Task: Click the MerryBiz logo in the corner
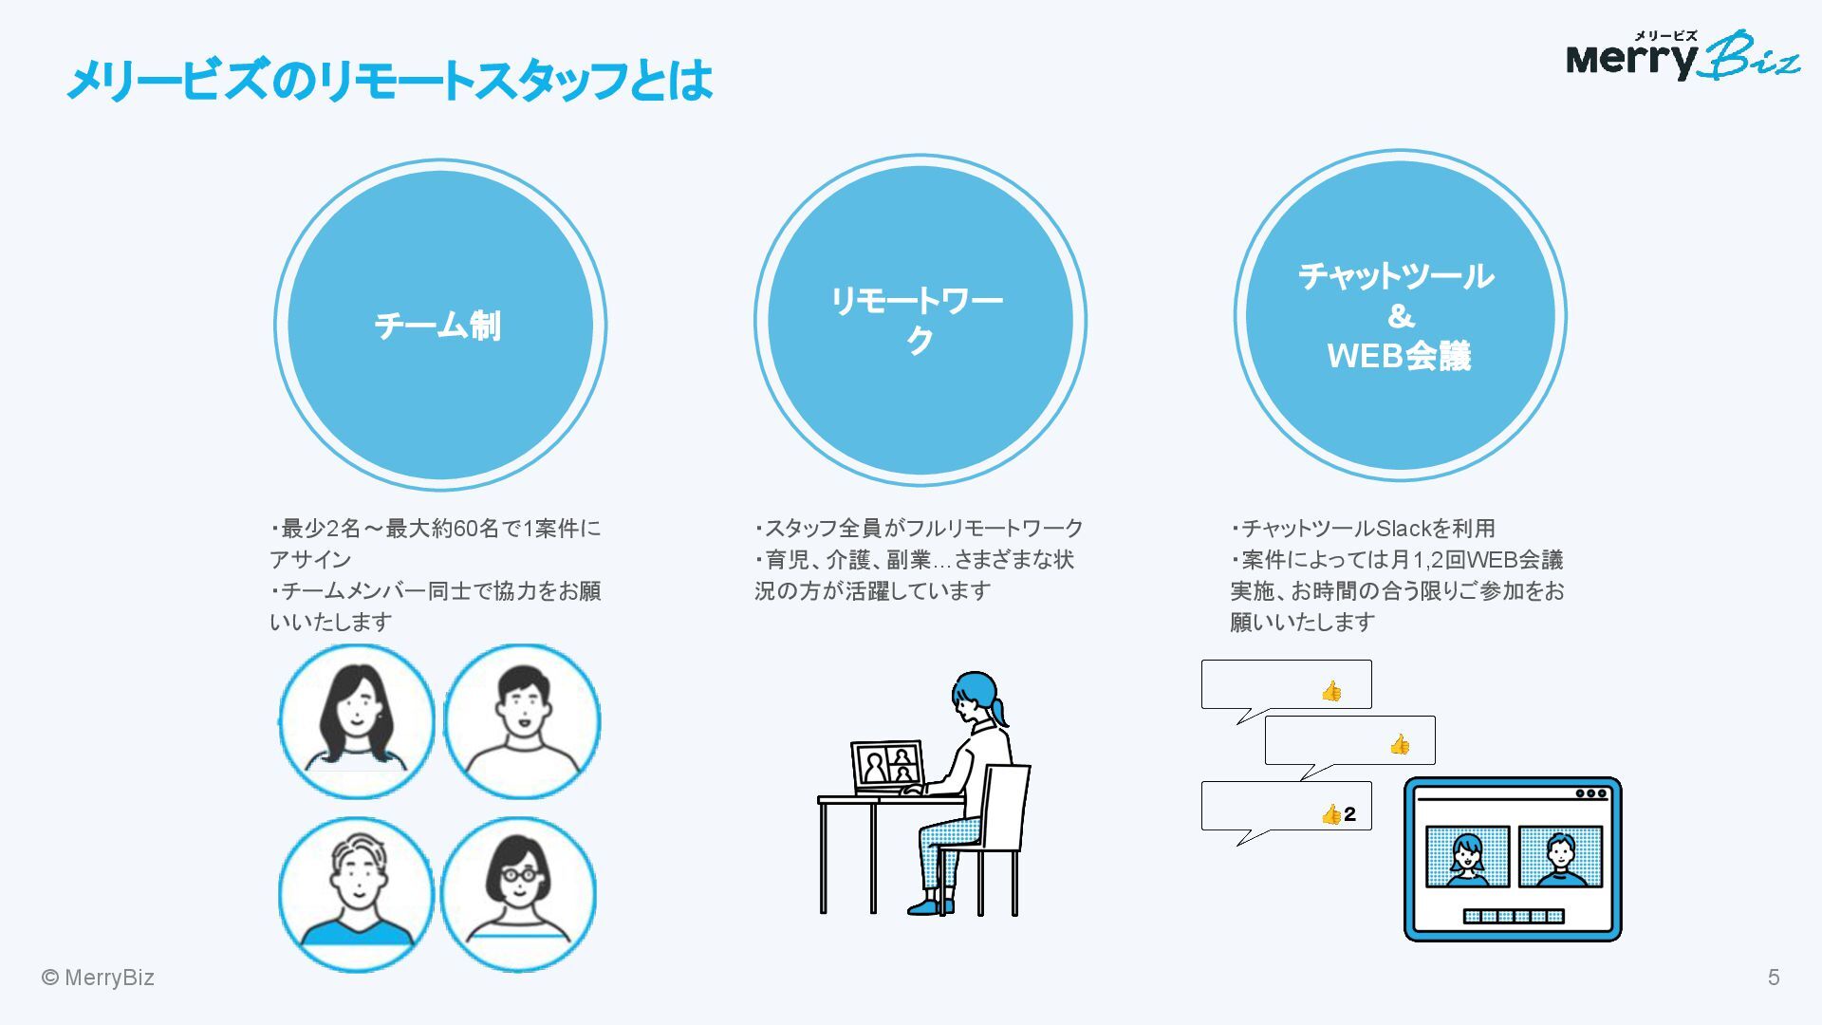(x=1682, y=57)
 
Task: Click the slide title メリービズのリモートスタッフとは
(x=389, y=80)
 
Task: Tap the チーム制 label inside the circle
(x=437, y=326)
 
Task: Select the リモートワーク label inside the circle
(x=918, y=320)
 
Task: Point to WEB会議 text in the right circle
(x=1399, y=356)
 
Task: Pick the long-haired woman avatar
(x=357, y=720)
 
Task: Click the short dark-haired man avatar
(x=522, y=720)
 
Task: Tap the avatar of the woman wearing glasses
(x=518, y=893)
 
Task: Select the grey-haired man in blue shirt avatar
(x=357, y=893)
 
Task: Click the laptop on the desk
(x=887, y=767)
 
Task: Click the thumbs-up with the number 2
(x=1338, y=814)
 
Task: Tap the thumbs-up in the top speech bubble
(x=1331, y=691)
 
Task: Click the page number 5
(x=1773, y=978)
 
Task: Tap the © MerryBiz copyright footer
(x=98, y=978)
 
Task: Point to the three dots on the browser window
(x=1590, y=793)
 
